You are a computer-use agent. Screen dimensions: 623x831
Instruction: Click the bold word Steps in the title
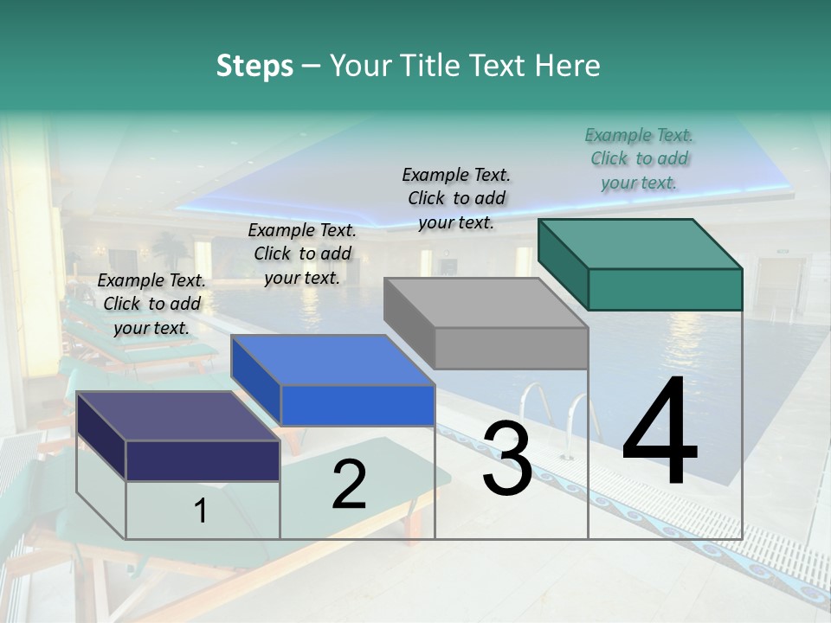pos(254,66)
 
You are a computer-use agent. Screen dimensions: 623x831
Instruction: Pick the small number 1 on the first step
pos(201,511)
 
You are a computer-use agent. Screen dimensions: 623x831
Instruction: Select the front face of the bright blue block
pos(358,405)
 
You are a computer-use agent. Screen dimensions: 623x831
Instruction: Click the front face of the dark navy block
pos(203,460)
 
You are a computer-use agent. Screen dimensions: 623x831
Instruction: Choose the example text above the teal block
pos(639,159)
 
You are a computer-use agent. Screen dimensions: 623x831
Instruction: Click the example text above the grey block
pos(456,198)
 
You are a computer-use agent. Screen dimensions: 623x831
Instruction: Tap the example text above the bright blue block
pos(302,254)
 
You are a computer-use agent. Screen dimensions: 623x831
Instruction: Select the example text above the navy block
pos(151,304)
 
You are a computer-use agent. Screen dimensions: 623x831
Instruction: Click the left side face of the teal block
pos(564,264)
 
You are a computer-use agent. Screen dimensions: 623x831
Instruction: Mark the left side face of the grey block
pos(409,322)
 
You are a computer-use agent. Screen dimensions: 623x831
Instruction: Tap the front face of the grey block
pos(511,349)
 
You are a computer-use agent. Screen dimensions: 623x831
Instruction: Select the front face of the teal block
pos(665,289)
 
